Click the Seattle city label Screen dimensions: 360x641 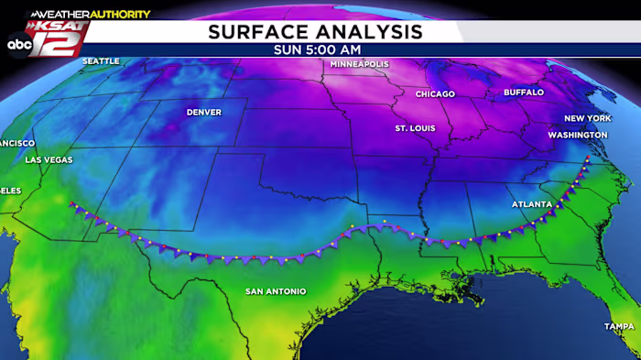coord(102,61)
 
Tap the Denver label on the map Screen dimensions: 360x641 coord(203,113)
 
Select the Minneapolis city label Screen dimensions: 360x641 coord(359,65)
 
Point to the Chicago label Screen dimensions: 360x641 coord(435,94)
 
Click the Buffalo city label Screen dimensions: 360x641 coord(524,93)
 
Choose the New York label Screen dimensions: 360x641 coord(586,119)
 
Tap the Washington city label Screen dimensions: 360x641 coord(578,135)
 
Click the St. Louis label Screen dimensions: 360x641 coord(415,128)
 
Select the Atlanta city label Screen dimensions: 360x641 coord(532,204)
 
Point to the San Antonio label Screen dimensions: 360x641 coord(275,291)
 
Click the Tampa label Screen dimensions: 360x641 coord(619,327)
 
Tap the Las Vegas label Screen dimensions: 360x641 coord(47,159)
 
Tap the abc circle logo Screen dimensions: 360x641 coord(19,44)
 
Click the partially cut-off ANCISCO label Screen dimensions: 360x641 coord(16,144)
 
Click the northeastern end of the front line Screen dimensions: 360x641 coord(587,159)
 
